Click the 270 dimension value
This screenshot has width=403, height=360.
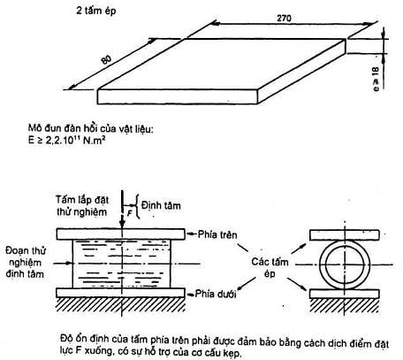(x=284, y=19)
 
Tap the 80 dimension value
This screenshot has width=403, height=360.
(x=106, y=59)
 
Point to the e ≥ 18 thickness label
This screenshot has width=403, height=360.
(x=376, y=79)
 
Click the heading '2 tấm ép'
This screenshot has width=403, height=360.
(x=96, y=11)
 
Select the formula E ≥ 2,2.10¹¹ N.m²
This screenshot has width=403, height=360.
(x=66, y=140)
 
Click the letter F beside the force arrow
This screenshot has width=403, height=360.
(x=129, y=213)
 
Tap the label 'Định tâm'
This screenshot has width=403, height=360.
(x=161, y=205)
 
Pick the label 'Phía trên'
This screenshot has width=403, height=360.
(x=217, y=234)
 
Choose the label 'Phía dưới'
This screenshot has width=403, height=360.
(x=216, y=294)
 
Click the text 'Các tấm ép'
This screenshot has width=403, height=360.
(x=270, y=267)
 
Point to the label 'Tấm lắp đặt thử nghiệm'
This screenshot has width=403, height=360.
(x=82, y=206)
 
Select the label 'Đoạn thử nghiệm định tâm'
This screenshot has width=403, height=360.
(x=26, y=262)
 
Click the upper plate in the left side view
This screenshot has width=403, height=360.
(x=121, y=234)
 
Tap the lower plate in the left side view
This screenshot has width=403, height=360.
(x=120, y=293)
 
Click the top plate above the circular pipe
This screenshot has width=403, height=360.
(x=345, y=235)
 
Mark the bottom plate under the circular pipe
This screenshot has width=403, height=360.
(x=345, y=294)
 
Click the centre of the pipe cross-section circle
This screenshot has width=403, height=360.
(x=345, y=264)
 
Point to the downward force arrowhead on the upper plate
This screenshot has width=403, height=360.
(x=122, y=226)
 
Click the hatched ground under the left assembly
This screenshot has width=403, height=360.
(x=120, y=304)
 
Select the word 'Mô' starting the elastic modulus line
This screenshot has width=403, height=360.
(x=34, y=128)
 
